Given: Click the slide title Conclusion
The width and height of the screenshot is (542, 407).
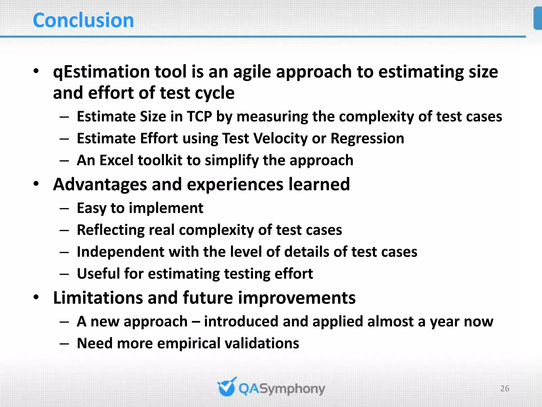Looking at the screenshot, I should (x=83, y=20).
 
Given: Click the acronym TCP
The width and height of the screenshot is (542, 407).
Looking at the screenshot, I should (x=199, y=117).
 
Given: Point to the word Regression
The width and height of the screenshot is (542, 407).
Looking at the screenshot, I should (x=367, y=139).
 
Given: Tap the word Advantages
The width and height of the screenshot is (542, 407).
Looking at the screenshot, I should (x=100, y=185).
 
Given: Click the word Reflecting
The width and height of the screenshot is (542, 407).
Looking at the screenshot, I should (x=110, y=230).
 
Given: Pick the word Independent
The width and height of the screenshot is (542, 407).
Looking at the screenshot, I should (x=120, y=252).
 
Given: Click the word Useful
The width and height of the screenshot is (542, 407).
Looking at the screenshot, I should (x=98, y=273).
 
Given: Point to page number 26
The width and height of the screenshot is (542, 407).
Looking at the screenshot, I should (x=505, y=388).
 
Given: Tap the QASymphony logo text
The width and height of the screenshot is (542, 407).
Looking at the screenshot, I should (x=282, y=389).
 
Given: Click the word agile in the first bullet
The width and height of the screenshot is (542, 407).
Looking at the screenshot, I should (x=252, y=72).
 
